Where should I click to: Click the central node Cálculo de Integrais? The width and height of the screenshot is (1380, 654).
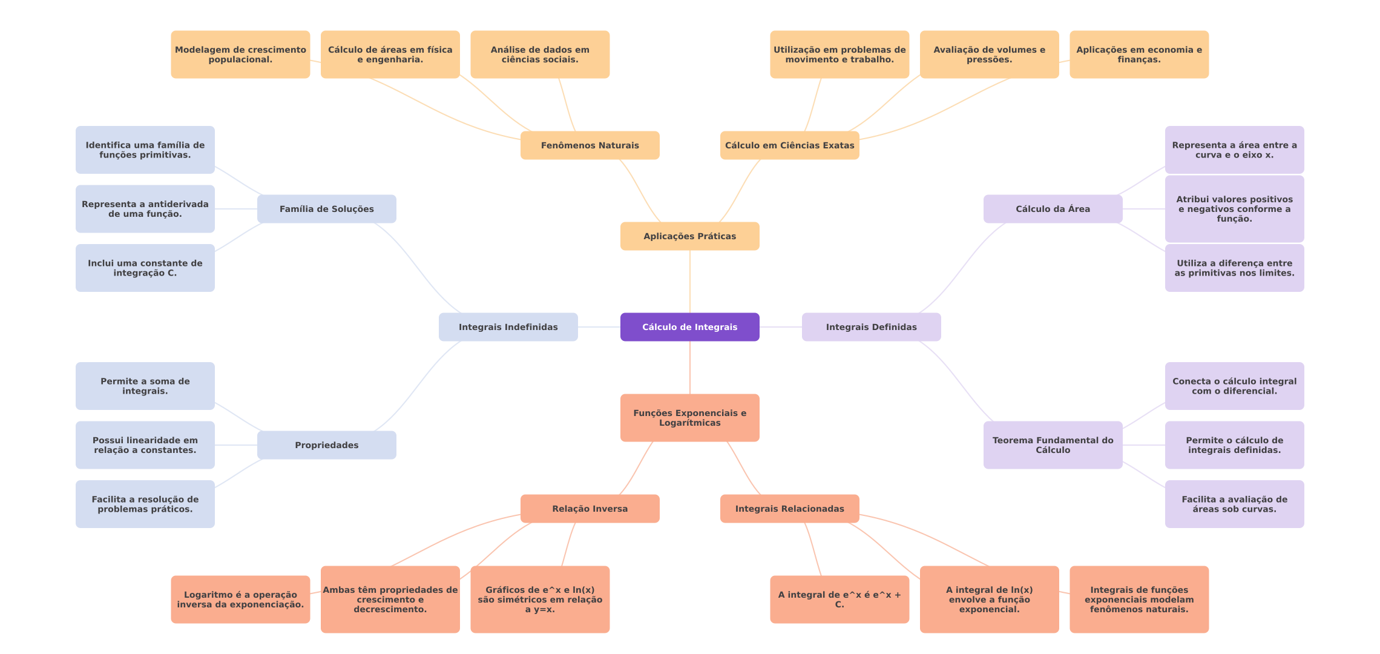coord(690,327)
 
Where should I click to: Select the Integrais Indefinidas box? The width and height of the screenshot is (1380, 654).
coord(508,327)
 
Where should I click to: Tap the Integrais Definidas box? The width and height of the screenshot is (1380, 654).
coord(872,327)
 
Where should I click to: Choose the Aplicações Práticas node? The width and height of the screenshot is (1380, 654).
coord(690,236)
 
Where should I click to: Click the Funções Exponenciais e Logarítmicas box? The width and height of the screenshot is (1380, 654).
coord(690,418)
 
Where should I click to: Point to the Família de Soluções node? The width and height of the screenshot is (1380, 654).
coord(327,209)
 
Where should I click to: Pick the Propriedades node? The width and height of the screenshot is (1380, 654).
coord(327,445)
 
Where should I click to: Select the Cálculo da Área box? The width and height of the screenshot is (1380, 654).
coord(1053,209)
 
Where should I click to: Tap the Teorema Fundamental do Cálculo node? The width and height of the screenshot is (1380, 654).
coord(1053,445)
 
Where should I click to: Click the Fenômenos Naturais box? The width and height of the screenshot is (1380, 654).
coord(590,145)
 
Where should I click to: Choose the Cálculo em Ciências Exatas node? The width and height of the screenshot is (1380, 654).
coord(790,145)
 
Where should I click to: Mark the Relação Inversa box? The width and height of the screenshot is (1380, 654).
coord(590,509)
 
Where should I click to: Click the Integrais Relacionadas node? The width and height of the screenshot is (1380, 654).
coord(790,509)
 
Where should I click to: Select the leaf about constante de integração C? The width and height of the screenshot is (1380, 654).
coord(145,268)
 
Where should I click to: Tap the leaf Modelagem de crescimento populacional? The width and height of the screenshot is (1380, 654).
coord(240,54)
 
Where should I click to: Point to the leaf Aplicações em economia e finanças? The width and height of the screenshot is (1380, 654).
coord(1139,54)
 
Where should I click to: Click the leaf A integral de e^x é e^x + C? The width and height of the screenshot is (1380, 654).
coord(839,599)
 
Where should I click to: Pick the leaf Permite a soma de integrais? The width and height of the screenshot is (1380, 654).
coord(145,386)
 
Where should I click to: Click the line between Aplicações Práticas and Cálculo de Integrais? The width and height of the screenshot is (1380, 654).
coord(690,282)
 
